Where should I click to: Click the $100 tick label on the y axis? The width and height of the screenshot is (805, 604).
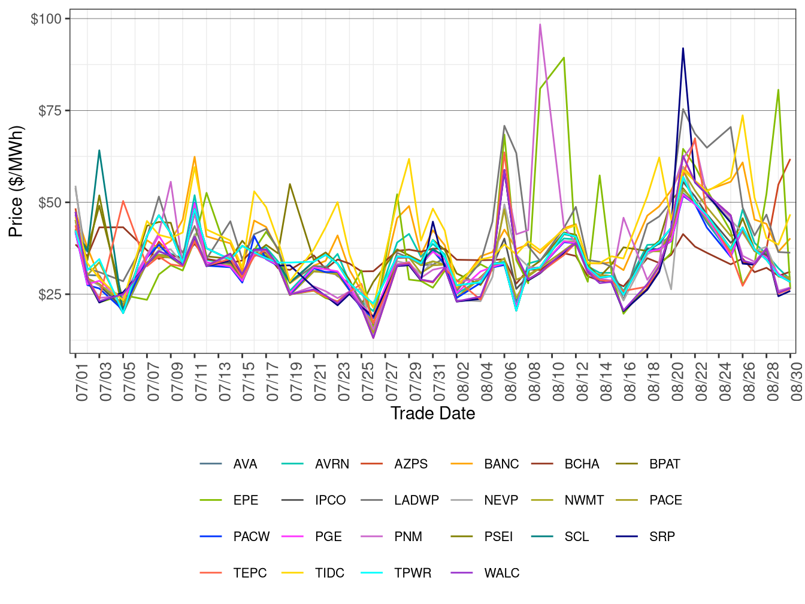(x=46, y=19)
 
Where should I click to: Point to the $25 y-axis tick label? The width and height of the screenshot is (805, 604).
(x=49, y=294)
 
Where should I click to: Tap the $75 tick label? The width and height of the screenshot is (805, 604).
(x=49, y=110)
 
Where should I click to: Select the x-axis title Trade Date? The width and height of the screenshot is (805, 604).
(x=432, y=413)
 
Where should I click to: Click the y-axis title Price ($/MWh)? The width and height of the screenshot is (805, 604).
(x=16, y=181)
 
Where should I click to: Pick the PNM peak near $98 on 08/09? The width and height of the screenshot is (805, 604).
(x=540, y=25)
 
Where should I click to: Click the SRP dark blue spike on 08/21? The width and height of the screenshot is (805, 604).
(x=683, y=49)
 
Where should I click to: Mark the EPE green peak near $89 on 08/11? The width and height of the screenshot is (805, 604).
(x=564, y=58)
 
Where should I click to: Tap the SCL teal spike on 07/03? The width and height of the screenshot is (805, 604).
(x=99, y=150)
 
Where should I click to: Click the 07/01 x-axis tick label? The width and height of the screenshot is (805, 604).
(x=82, y=378)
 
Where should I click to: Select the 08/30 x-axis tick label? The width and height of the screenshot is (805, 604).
(x=796, y=378)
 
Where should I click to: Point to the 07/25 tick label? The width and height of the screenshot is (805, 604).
(x=368, y=378)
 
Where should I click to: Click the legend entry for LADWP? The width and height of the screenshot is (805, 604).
(x=416, y=500)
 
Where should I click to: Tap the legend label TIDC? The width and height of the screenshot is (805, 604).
(x=329, y=573)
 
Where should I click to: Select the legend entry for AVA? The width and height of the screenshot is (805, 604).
(x=245, y=464)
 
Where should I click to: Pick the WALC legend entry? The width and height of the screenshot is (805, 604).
(x=501, y=573)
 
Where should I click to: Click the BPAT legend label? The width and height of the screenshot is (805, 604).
(x=664, y=464)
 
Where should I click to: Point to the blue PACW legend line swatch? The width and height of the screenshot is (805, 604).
(x=211, y=536)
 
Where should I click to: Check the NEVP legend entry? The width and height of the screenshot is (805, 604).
(x=501, y=500)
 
